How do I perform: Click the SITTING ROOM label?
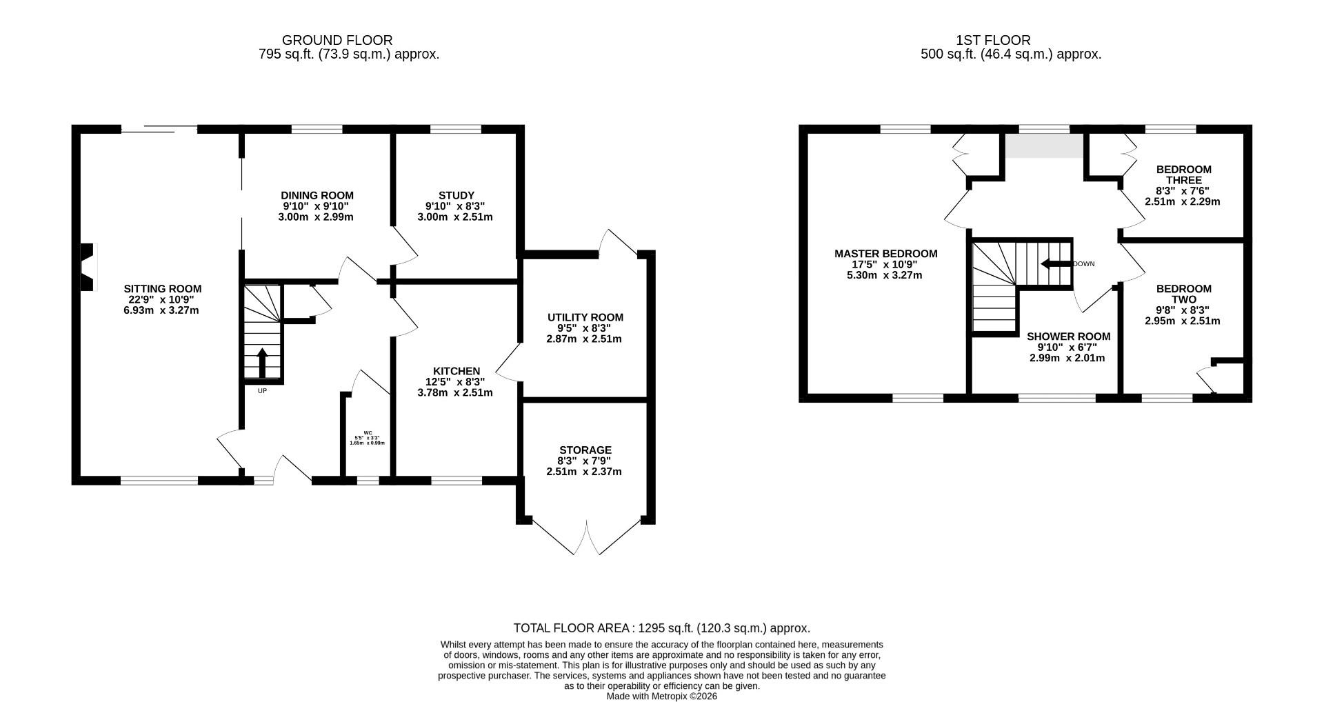(162, 289)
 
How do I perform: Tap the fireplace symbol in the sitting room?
(87, 268)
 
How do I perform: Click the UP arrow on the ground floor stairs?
(262, 363)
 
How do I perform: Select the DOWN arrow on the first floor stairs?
(1054, 263)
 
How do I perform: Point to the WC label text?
(367, 433)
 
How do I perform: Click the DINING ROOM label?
(317, 195)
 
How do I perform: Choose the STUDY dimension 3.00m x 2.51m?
(455, 217)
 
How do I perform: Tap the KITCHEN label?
(456, 371)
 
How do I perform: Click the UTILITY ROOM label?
(585, 317)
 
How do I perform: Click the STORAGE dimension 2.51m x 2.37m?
(584, 472)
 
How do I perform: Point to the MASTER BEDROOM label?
(885, 254)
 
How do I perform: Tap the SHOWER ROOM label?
(1068, 337)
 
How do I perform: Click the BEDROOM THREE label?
(1183, 174)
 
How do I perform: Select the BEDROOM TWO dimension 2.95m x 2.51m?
(1183, 321)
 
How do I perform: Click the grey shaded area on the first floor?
(1043, 146)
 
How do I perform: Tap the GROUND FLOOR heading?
(337, 41)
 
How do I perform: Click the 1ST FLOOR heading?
(993, 41)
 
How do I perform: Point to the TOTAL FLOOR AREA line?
(661, 628)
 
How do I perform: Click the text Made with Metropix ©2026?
(661, 696)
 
